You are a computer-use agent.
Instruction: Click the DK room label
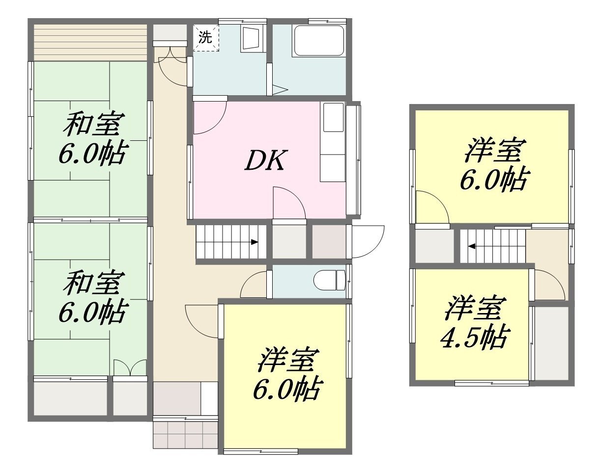pyautogui.click(x=264, y=160)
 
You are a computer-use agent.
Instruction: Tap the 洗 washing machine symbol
pyautogui.click(x=206, y=38)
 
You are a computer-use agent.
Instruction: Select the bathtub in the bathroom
pyautogui.click(x=319, y=41)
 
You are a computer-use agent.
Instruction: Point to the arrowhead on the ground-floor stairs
pyautogui.click(x=255, y=242)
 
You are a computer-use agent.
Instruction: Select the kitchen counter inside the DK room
pyautogui.click(x=333, y=142)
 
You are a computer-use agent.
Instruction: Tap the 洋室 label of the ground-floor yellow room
pyautogui.click(x=288, y=360)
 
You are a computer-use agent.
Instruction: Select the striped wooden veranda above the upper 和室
pyautogui.click(x=90, y=43)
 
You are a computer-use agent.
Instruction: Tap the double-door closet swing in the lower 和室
pyautogui.click(x=130, y=367)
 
